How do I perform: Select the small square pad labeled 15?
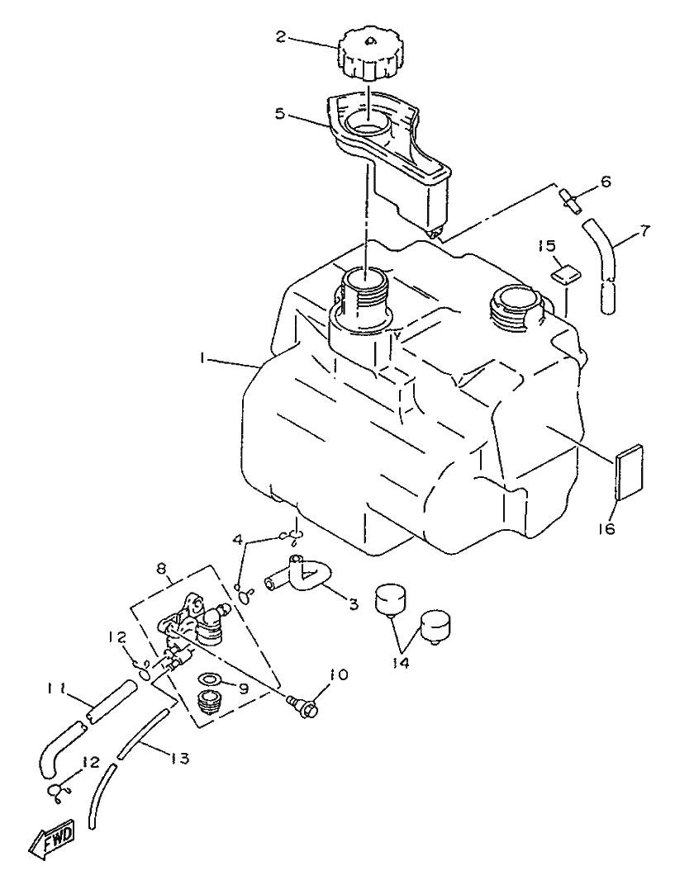click(565, 274)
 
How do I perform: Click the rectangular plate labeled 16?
click(630, 473)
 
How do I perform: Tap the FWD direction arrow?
click(52, 840)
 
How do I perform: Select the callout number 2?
click(282, 36)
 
